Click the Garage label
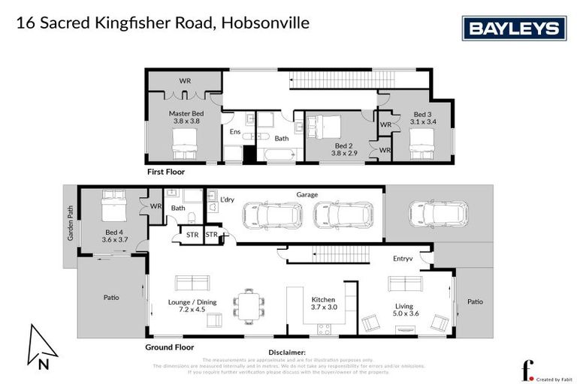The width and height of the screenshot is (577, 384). [307, 194]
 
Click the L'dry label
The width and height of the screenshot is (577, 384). [227, 200]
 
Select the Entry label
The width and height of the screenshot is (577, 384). [403, 259]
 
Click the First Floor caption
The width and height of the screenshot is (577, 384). [165, 172]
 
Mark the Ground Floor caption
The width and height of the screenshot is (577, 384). [169, 347]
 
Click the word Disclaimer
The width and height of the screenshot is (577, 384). [287, 352]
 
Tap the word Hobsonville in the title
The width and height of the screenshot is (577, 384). [265, 22]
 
